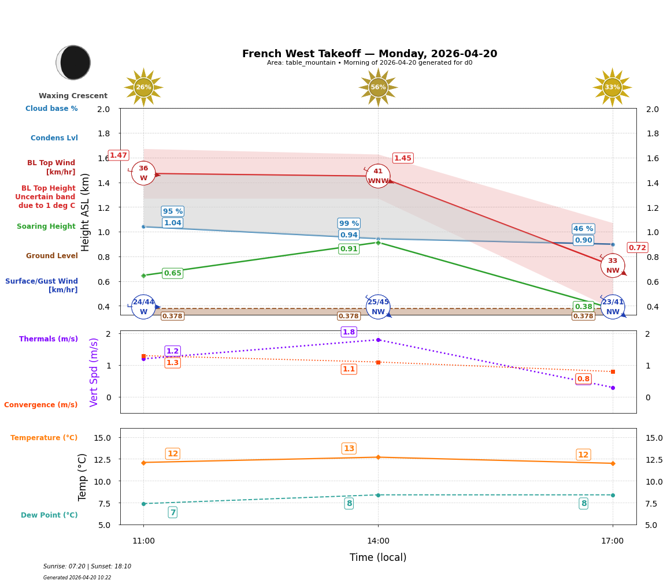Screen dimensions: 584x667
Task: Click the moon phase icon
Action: click(73, 62)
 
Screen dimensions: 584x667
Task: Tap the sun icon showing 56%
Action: click(378, 87)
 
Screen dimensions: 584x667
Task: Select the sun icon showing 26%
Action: click(143, 87)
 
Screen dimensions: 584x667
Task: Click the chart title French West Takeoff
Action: click(369, 54)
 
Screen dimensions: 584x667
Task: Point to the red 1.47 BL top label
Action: click(118, 155)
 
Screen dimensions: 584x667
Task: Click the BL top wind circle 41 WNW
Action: click(378, 176)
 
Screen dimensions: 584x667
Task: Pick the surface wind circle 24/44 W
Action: click(143, 307)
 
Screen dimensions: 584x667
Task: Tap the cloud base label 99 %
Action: click(349, 224)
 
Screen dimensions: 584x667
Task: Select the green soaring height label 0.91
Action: click(349, 249)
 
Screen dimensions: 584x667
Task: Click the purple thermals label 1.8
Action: click(349, 332)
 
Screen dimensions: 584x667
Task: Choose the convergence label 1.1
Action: click(349, 369)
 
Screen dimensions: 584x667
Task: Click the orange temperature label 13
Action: click(349, 449)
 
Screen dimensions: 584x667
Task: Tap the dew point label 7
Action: click(172, 512)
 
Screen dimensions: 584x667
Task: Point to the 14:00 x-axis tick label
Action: click(378, 541)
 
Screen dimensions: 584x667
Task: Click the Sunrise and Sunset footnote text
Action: click(87, 567)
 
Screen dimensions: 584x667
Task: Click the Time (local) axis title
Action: click(378, 557)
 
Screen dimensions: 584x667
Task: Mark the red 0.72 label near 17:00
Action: click(638, 248)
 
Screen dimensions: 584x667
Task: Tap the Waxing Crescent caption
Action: click(73, 96)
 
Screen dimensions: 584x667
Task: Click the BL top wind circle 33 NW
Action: click(613, 266)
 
